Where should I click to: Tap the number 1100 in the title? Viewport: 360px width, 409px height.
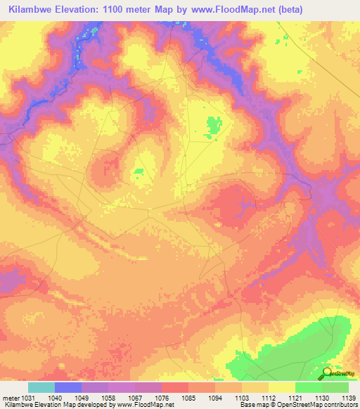[x=125, y=10]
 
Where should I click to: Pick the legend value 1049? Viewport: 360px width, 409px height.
[x=82, y=397]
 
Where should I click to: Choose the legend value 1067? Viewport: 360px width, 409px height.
[x=135, y=397]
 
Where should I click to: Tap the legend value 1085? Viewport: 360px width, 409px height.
[x=188, y=397]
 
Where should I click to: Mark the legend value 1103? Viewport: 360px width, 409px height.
[x=242, y=397]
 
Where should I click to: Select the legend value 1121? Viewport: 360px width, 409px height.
[x=295, y=397]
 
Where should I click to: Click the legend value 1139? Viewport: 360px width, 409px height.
[x=348, y=397]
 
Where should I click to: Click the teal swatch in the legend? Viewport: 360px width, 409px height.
[x=41, y=387]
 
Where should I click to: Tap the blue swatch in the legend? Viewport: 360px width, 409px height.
[x=68, y=387]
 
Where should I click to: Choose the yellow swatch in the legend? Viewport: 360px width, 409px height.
[x=282, y=387]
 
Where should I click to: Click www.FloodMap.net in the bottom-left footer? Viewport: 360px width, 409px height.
[x=132, y=405]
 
